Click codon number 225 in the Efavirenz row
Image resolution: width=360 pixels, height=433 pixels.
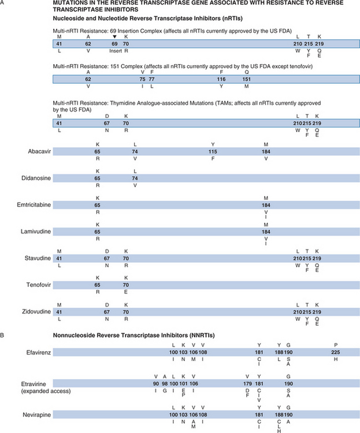(336, 352)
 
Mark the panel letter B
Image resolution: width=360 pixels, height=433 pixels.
(5, 334)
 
